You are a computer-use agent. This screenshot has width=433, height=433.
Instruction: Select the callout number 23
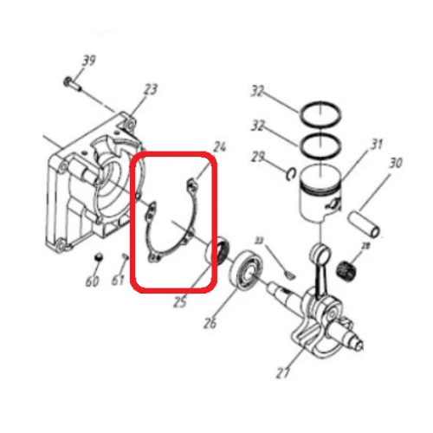[151, 89]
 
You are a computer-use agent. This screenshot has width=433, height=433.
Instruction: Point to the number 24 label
[218, 145]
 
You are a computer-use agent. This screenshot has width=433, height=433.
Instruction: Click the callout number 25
[180, 302]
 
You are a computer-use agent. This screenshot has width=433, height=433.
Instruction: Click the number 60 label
[92, 281]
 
